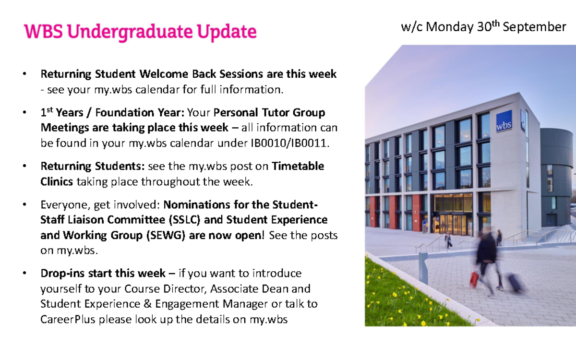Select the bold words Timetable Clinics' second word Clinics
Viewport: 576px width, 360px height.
tap(57, 181)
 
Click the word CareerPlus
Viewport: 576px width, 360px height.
tap(68, 319)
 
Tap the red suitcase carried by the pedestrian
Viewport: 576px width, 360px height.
tap(474, 278)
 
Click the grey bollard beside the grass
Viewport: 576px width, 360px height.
tap(423, 267)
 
